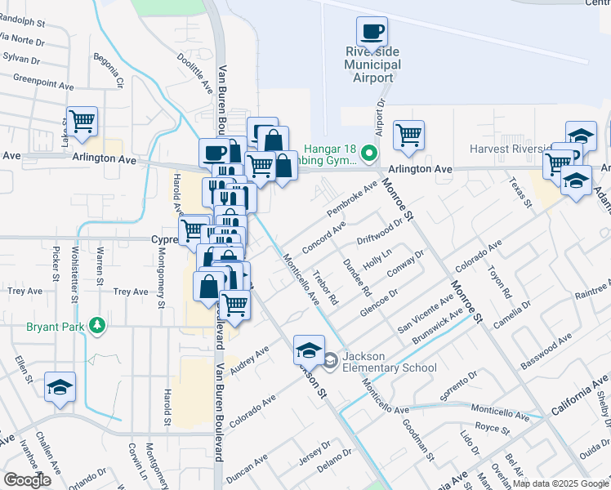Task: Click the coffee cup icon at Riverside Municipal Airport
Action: click(x=372, y=32)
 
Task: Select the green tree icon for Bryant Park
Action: click(x=98, y=326)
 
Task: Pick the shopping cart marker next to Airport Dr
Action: click(x=408, y=135)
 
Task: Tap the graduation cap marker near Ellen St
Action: click(x=60, y=388)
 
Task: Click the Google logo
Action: click(x=27, y=480)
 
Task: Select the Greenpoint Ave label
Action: click(x=46, y=81)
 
